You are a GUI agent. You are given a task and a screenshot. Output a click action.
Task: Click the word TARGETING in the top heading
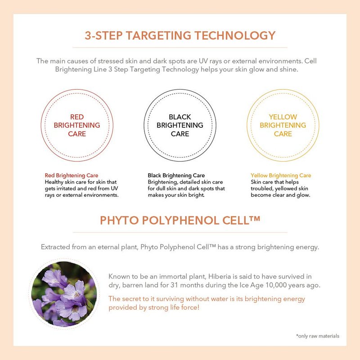point(158,36)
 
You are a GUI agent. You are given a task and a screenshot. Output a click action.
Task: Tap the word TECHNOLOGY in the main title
point(235,36)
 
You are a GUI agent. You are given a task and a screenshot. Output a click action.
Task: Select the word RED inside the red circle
point(77,117)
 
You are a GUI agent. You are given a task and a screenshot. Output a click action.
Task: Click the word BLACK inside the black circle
point(180,117)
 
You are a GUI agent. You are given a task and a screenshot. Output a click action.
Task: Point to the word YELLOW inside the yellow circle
point(283,117)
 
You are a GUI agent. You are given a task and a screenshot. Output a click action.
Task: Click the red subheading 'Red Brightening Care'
point(72,175)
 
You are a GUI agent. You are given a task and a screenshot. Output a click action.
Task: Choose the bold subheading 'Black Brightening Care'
point(176,175)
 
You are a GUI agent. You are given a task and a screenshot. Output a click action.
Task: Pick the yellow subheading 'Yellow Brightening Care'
point(281,175)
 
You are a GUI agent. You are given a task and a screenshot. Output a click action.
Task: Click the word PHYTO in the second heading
point(118,220)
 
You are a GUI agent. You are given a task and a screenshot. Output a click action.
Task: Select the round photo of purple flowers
point(64,294)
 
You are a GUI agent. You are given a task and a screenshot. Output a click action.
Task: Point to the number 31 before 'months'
point(174,285)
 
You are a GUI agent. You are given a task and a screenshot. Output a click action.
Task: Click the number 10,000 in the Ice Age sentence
point(276,285)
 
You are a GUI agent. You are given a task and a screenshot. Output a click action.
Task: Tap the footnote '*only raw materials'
point(318,336)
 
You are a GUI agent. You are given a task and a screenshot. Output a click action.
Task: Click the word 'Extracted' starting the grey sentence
point(55,247)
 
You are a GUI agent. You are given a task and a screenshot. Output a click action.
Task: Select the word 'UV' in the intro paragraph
point(203,61)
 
